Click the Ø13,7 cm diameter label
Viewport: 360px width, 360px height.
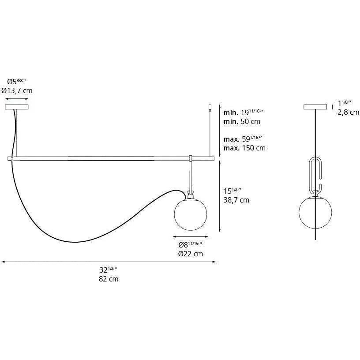pos(17,90)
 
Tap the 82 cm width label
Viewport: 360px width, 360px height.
pos(108,279)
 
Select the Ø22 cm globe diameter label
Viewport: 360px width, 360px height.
pos(190,253)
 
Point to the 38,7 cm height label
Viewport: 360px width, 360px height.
pos(237,200)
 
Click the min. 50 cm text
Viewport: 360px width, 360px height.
pos(242,121)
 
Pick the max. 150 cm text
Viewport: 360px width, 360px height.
pos(244,148)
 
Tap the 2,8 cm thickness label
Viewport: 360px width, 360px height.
pos(348,112)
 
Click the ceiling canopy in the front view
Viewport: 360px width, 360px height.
pos(17,107)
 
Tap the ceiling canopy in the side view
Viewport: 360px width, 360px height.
pos(315,107)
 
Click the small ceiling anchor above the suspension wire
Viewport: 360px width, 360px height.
pos(210,107)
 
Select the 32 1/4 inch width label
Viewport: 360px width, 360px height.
pos(108,270)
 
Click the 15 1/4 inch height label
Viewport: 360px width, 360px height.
pos(233,191)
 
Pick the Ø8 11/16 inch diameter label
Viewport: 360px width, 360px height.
pos(190,245)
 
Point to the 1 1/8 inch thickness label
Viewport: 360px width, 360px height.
pos(345,103)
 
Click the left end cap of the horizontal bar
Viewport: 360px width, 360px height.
pos(10,158)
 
